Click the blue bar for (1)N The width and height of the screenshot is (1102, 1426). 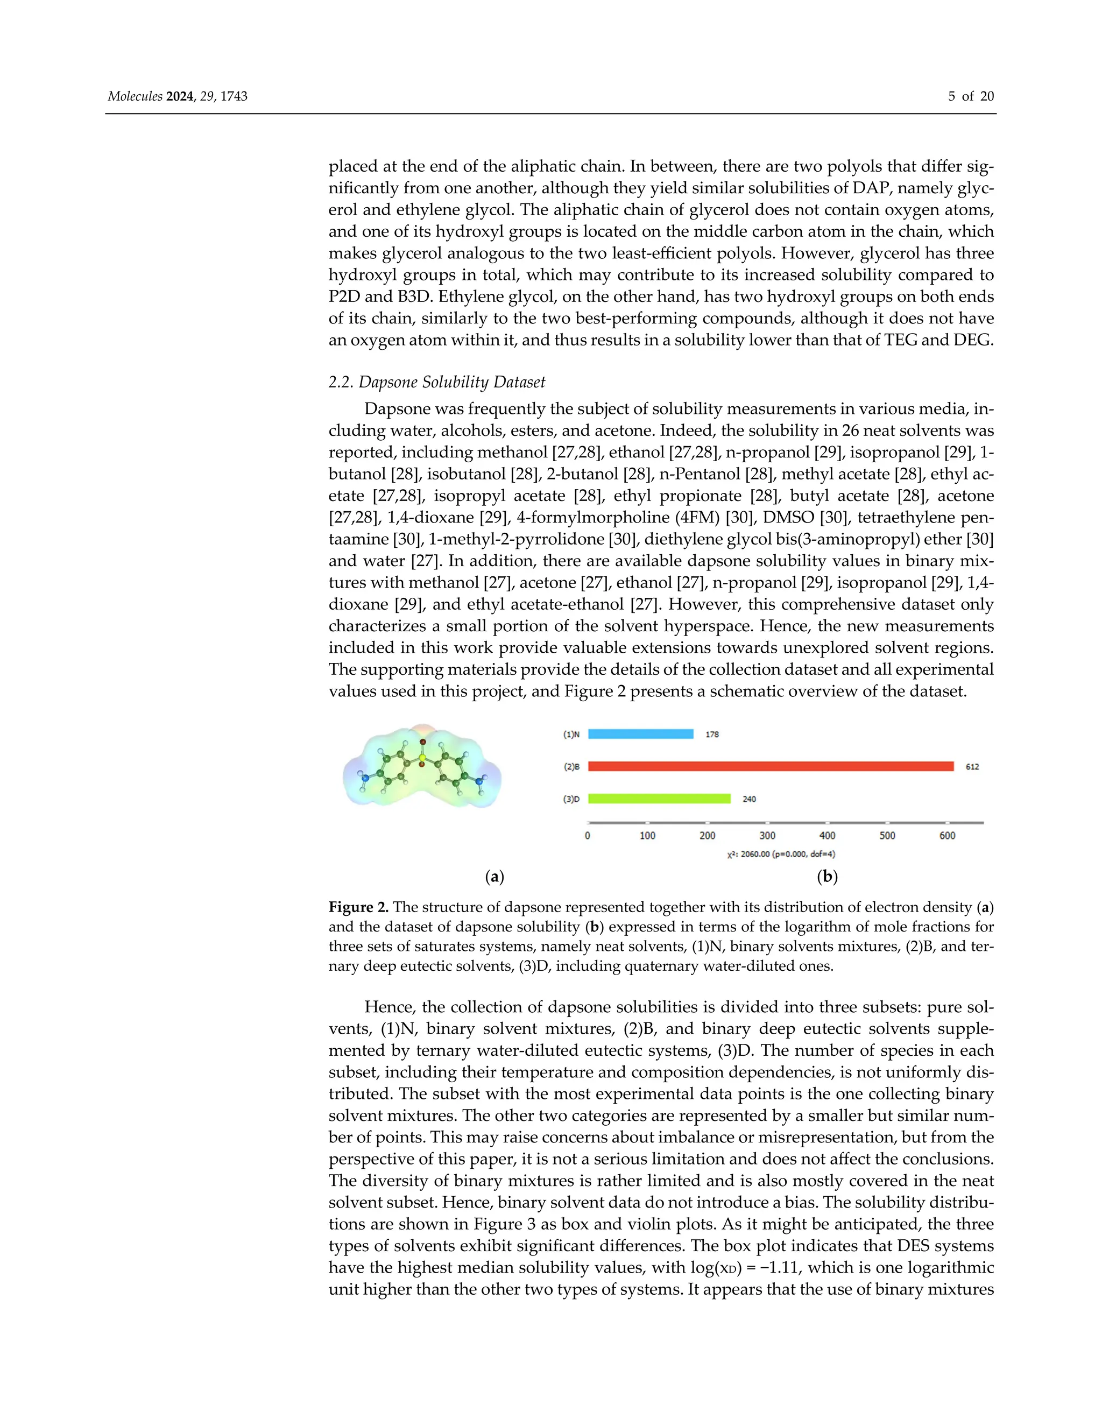click(640, 734)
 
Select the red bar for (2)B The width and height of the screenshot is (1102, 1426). click(771, 766)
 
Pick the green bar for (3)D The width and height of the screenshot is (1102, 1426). click(659, 799)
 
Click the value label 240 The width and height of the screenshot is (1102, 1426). click(749, 799)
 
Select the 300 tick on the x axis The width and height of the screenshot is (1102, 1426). click(767, 836)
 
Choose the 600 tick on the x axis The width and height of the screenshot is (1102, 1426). click(947, 836)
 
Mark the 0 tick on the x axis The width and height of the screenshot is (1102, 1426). click(588, 836)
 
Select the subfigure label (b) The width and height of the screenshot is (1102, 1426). click(827, 877)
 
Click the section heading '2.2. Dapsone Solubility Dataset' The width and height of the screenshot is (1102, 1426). click(437, 382)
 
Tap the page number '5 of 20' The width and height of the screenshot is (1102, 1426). click(971, 97)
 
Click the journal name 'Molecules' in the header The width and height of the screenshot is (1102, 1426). click(135, 97)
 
